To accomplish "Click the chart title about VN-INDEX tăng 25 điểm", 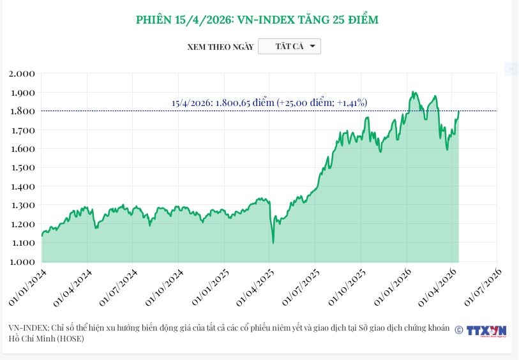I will click(257, 20).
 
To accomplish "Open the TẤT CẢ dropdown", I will click(289, 47).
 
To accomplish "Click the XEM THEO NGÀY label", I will click(220, 47).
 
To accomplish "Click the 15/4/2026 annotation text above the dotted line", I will click(269, 102).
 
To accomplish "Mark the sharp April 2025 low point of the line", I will click(273, 243).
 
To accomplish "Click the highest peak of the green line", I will click(414, 92).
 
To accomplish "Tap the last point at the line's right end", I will click(459, 111).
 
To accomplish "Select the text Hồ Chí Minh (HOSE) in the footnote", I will click(47, 338).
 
